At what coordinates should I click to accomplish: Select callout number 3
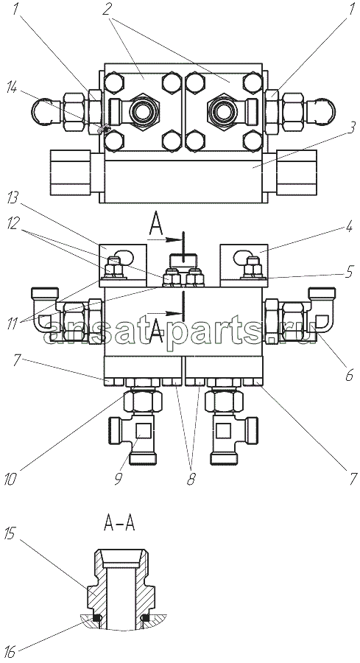(350, 127)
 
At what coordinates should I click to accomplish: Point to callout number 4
(349, 227)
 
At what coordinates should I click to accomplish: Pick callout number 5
(349, 271)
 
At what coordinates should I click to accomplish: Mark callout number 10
(11, 480)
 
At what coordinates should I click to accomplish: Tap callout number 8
(191, 480)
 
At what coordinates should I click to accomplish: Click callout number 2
(107, 10)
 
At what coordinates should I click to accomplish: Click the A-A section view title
(119, 525)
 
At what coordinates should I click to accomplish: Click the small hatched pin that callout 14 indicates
(104, 128)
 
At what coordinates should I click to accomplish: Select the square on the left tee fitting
(142, 431)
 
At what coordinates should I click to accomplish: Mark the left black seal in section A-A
(98, 618)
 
